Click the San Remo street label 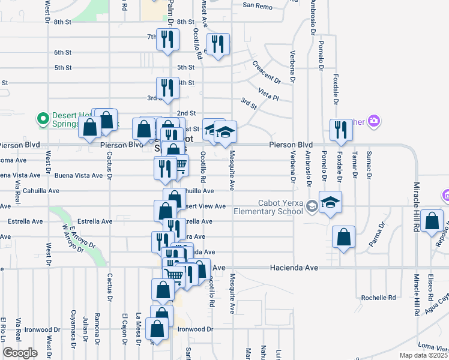tap(258, 5)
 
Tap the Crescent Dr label tap(267, 71)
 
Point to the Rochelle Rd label tap(379, 298)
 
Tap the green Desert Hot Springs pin tap(43, 119)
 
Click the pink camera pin tap(375, 121)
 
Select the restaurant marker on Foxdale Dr tap(341, 131)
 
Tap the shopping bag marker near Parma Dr tap(343, 237)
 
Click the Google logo tap(20, 353)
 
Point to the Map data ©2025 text tap(423, 355)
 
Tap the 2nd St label tap(186, 113)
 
